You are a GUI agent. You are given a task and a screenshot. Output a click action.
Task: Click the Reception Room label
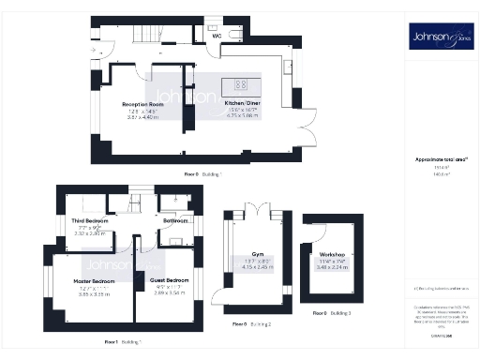point(143,104)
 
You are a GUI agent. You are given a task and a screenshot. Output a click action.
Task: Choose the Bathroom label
point(175,221)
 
